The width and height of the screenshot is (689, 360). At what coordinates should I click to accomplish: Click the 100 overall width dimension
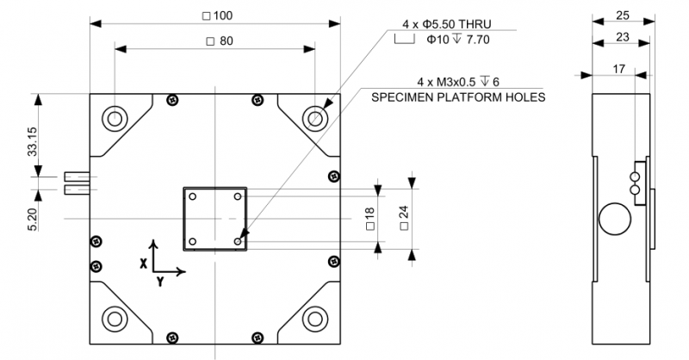pos(215,16)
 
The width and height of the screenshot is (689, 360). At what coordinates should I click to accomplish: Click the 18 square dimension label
pos(369,218)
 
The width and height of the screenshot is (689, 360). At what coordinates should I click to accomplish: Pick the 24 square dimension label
pos(404,218)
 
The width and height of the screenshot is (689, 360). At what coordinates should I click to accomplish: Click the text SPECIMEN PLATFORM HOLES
pos(458,97)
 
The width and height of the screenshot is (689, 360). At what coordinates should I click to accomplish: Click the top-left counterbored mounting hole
pos(115,118)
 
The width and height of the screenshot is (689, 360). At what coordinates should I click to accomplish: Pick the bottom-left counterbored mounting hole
pos(115,318)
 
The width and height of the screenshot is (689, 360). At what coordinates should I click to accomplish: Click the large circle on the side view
pos(615,217)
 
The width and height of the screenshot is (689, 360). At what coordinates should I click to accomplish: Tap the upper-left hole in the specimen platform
pos(193,197)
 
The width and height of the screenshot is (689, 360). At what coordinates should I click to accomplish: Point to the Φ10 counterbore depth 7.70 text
pos(455,39)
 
